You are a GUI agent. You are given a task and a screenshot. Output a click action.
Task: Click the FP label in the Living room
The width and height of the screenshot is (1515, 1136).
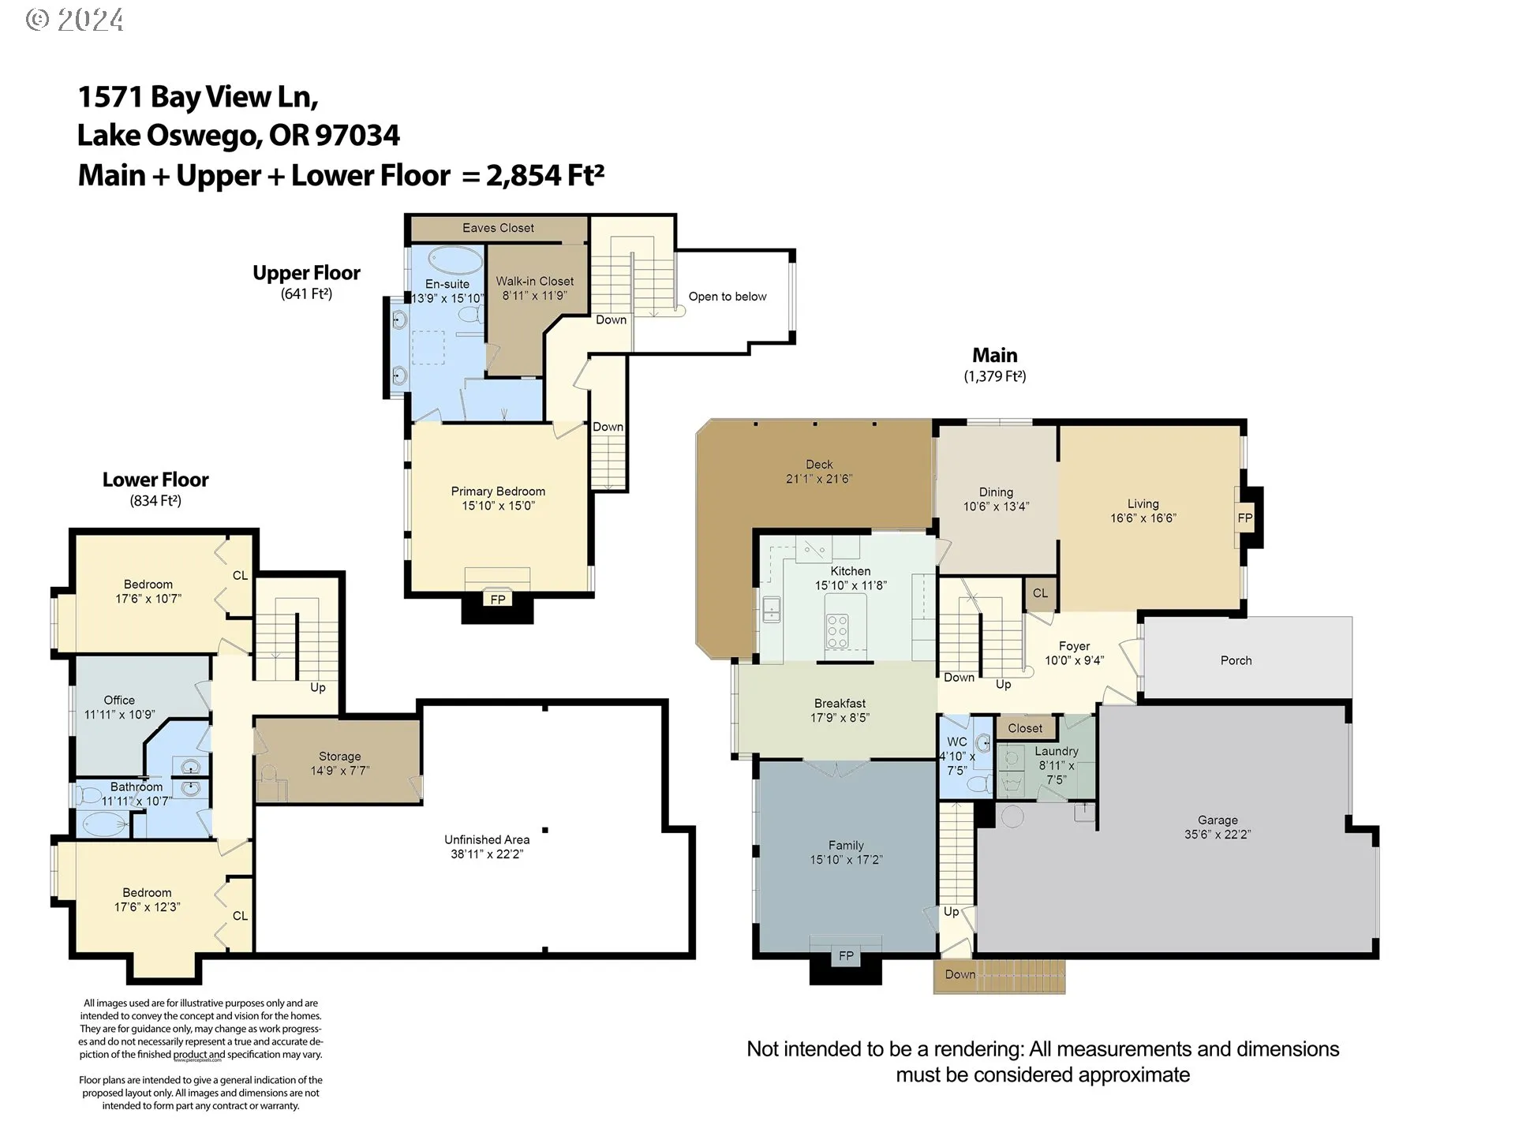pyautogui.click(x=1245, y=518)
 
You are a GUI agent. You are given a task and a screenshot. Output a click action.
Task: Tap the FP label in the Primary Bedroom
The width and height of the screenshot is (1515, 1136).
pyautogui.click(x=498, y=600)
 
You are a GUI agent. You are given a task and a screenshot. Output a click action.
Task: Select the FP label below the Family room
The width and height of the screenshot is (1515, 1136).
pyautogui.click(x=846, y=956)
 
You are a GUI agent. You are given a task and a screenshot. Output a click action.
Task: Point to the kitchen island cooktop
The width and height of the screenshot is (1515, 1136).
pyautogui.click(x=837, y=632)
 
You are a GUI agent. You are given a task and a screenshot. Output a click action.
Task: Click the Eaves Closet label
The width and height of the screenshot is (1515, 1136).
pyautogui.click(x=498, y=228)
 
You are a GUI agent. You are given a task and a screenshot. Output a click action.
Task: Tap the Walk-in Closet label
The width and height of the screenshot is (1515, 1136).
pyautogui.click(x=535, y=282)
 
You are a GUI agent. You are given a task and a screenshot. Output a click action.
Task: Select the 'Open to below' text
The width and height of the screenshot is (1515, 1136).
pyautogui.click(x=728, y=297)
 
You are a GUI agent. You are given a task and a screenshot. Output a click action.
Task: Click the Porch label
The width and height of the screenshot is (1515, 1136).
pyautogui.click(x=1236, y=660)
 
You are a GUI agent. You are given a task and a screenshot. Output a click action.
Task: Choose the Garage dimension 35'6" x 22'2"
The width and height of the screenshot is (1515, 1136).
pyautogui.click(x=1218, y=834)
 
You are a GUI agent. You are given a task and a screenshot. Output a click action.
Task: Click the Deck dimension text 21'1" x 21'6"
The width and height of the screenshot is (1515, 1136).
pyautogui.click(x=819, y=478)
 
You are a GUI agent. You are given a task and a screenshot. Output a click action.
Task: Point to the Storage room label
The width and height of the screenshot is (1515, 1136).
pyautogui.click(x=339, y=757)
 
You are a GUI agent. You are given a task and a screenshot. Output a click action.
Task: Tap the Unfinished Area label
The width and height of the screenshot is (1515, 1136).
pyautogui.click(x=487, y=839)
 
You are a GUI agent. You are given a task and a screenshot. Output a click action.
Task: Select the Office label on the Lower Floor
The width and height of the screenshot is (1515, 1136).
pyautogui.click(x=119, y=701)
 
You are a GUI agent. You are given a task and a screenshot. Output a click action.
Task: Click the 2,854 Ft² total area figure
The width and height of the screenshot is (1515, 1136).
pyautogui.click(x=545, y=174)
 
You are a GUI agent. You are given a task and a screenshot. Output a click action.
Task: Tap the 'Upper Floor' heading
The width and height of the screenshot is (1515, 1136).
pyautogui.click(x=306, y=273)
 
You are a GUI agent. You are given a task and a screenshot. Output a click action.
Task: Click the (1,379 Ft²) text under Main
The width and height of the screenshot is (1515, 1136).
pyautogui.click(x=995, y=376)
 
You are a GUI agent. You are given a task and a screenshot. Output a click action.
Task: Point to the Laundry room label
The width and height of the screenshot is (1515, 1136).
pyautogui.click(x=1057, y=752)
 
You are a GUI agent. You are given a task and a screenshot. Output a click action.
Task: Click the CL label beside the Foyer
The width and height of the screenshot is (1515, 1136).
pyautogui.click(x=1041, y=593)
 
